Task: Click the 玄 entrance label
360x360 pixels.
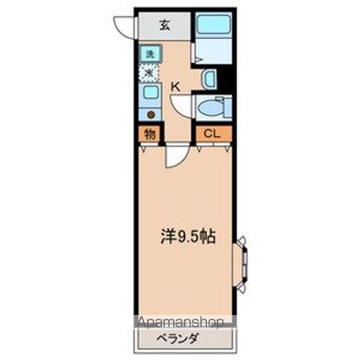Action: (x=164, y=24)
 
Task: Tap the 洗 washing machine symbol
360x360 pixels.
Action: (x=149, y=54)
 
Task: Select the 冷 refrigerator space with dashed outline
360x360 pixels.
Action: (x=149, y=73)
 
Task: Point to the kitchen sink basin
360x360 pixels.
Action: (x=150, y=93)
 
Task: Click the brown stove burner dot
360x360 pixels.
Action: (x=151, y=114)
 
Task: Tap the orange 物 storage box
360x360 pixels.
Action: (x=149, y=135)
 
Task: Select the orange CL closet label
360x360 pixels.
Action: (x=213, y=135)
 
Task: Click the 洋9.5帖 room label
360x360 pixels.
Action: (x=187, y=237)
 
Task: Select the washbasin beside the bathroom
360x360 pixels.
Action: (x=210, y=78)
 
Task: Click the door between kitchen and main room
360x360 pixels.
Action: (x=175, y=156)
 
